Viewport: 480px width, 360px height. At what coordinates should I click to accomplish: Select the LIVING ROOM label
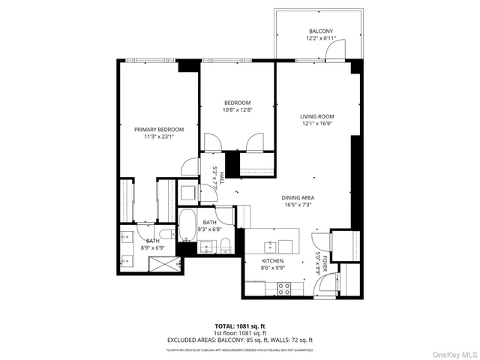(x=316, y=116)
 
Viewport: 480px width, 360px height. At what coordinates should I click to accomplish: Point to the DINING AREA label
(x=298, y=196)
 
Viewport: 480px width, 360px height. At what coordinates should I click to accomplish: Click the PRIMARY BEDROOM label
(x=158, y=129)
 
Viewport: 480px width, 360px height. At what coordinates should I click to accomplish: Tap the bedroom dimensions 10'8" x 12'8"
(x=237, y=109)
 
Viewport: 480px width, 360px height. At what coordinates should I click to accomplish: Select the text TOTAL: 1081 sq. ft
(x=239, y=326)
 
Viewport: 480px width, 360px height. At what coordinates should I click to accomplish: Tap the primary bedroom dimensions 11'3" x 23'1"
(x=158, y=136)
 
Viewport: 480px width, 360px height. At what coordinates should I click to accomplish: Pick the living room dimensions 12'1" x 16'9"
(x=316, y=124)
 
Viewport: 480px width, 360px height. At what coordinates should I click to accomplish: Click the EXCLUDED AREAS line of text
(x=239, y=340)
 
